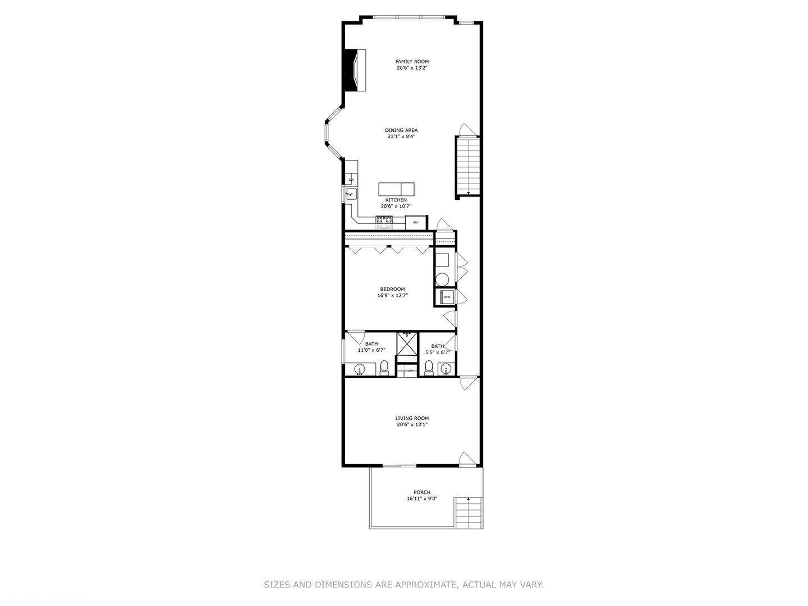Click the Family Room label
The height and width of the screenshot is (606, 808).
pyautogui.click(x=412, y=62)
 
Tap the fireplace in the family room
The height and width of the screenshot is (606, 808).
pyautogui.click(x=355, y=70)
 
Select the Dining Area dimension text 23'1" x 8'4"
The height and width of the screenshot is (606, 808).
pyautogui.click(x=401, y=136)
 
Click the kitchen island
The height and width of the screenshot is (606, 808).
pyautogui.click(x=396, y=189)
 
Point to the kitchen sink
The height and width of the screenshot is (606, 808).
pyautogui.click(x=351, y=194)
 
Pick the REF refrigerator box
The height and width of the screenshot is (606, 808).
pyautogui.click(x=416, y=222)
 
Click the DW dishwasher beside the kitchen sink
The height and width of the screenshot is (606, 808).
pyautogui.click(x=351, y=180)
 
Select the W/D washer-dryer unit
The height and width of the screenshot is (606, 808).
pyautogui.click(x=447, y=296)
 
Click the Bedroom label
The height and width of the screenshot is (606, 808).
pyautogui.click(x=392, y=290)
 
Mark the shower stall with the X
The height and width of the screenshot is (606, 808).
pyautogui.click(x=407, y=343)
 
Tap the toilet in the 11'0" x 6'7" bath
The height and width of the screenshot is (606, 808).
pyautogui.click(x=384, y=367)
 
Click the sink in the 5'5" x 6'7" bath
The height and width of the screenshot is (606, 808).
pyautogui.click(x=446, y=369)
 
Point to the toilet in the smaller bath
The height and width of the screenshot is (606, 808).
pyautogui.click(x=429, y=367)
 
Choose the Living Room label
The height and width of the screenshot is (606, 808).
pyautogui.click(x=412, y=418)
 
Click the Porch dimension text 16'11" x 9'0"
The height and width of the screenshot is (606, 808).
pyautogui.click(x=422, y=499)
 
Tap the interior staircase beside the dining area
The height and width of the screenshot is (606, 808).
pyautogui.click(x=467, y=166)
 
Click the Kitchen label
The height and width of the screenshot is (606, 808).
pyautogui.click(x=396, y=200)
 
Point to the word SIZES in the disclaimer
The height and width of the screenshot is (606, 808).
pyautogui.click(x=277, y=585)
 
